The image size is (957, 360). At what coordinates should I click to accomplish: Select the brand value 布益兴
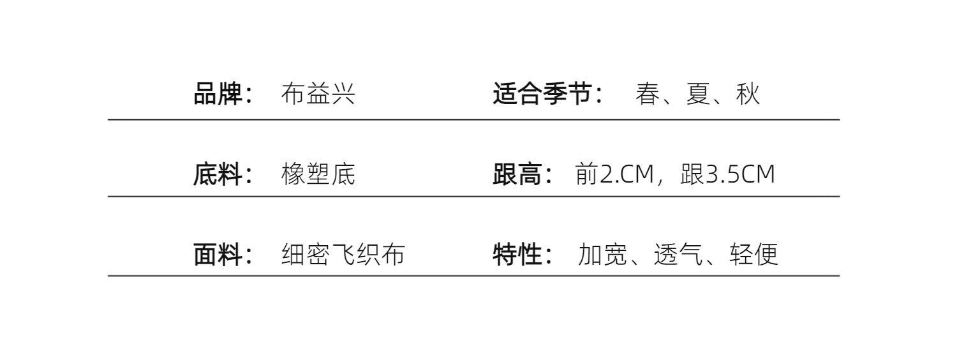318,94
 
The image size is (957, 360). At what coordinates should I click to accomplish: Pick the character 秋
748,94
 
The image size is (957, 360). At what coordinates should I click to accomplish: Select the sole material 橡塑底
318,174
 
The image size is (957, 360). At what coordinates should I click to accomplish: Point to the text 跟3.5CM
727,174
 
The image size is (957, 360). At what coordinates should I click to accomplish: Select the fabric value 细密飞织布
343,255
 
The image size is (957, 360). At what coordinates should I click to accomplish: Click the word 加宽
602,255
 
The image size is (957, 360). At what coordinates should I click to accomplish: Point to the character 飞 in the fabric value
343,255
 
